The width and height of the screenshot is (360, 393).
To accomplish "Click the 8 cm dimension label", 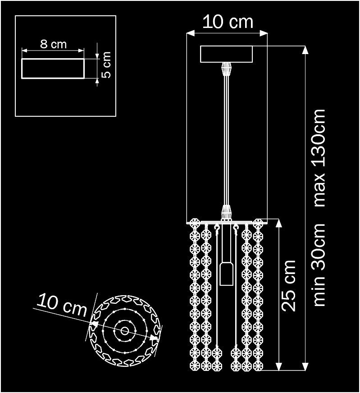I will tap(53, 44).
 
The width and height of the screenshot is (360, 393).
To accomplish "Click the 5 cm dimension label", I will tap(106, 64).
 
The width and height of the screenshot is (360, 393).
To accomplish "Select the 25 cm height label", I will tap(289, 285).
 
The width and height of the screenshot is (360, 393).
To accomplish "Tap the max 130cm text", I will tap(319, 158).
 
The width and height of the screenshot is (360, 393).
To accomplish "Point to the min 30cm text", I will tap(319, 265).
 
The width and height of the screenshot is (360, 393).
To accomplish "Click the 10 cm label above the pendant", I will tap(228, 22).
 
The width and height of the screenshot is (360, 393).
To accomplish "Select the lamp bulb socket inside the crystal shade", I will tap(226, 274).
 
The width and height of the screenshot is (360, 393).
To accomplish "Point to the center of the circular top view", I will tap(124, 331).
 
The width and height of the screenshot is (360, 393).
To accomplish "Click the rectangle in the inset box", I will tap(53, 69).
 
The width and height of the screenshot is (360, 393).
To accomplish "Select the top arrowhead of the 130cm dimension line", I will tap(305, 50).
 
